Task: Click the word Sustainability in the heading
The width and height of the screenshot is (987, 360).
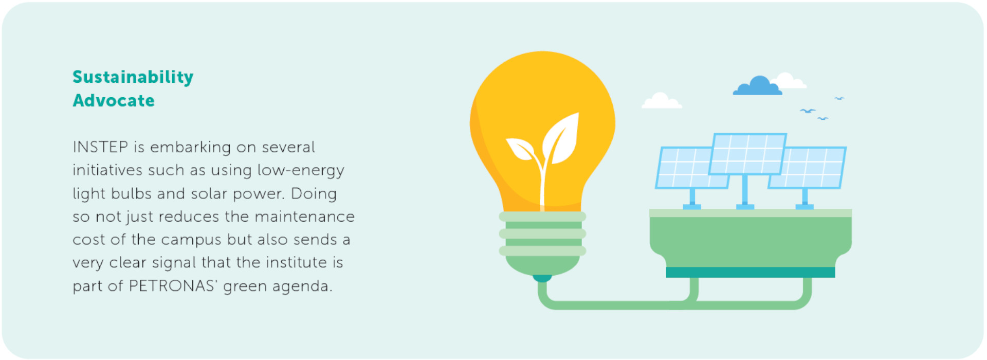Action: point(133,77)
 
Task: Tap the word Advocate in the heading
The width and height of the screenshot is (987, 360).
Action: point(114,101)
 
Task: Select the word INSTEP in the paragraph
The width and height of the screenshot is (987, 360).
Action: point(100,147)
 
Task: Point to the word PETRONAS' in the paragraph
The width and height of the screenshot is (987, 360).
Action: point(172,286)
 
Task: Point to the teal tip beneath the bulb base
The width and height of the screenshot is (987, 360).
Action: point(542,278)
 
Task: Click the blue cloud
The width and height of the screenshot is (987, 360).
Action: point(758,86)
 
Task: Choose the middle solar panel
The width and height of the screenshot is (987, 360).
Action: point(747,154)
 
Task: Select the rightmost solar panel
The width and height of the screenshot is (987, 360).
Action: point(812,168)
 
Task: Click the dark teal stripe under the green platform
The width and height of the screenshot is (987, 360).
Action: point(750,272)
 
